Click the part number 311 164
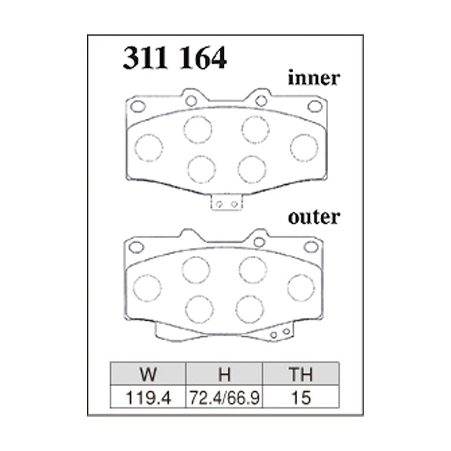[175, 58]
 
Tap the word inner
[314, 78]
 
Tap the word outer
[314, 216]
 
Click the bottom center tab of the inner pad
[226, 203]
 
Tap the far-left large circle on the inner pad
[149, 148]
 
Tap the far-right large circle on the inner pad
[304, 148]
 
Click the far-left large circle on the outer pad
[147, 288]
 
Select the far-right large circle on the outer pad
[300, 288]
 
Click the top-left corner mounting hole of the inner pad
[138, 106]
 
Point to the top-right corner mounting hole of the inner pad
[314, 106]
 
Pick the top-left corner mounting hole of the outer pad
[136, 246]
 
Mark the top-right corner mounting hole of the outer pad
[311, 246]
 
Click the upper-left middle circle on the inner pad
[197, 130]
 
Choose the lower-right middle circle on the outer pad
[250, 308]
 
